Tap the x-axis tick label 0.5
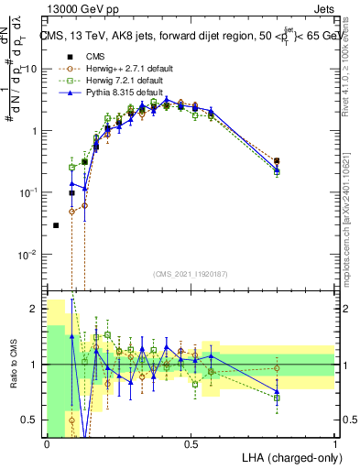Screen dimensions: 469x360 pyautogui.click(x=191, y=443)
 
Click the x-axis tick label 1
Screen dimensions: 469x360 pyautogui.click(x=335, y=443)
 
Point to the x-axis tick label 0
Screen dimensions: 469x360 pyautogui.click(x=47, y=443)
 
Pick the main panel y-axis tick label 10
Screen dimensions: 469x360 pyautogui.click(x=30, y=69)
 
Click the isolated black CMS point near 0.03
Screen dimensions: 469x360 pyautogui.click(x=56, y=225)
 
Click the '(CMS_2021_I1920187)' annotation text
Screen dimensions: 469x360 pyautogui.click(x=190, y=274)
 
